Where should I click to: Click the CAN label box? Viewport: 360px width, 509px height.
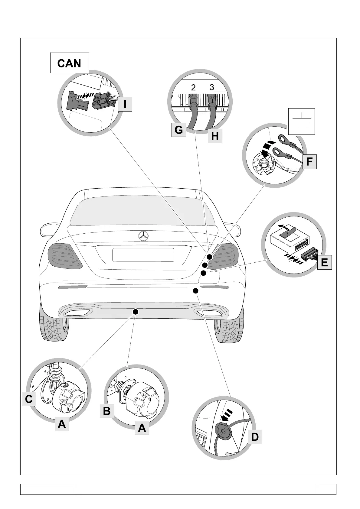tap(69, 63)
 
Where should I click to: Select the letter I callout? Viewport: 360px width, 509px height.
tap(125, 104)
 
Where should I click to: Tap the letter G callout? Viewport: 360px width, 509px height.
tap(178, 130)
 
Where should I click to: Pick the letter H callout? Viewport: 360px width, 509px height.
tap(215, 136)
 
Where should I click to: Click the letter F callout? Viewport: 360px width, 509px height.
tap(309, 161)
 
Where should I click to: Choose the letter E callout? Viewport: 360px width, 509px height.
tap(324, 262)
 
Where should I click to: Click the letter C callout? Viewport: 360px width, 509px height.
tap(29, 399)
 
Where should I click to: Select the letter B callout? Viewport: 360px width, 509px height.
tap(106, 411)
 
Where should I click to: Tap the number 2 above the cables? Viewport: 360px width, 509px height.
tap(193, 88)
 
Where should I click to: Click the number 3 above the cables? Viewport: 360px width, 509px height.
tap(212, 87)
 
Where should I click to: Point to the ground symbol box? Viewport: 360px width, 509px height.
tap(302, 121)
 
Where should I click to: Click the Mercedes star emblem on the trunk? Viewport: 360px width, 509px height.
tap(143, 237)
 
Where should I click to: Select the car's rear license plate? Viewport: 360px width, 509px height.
tap(143, 255)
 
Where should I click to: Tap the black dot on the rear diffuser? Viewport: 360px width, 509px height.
tap(136, 311)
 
